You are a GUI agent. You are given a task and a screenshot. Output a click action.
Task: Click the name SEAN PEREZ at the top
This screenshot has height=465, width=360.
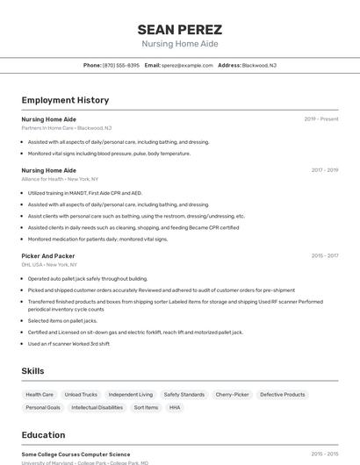[180, 29]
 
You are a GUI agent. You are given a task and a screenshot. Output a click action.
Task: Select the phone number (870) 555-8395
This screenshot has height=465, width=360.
[120, 65]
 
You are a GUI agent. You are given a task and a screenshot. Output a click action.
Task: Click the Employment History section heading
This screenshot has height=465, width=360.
[65, 100]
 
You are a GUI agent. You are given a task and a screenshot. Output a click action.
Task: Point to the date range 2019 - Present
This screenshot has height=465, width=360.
[321, 118]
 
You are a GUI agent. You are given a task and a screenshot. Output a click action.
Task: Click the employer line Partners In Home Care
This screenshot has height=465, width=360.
[67, 128]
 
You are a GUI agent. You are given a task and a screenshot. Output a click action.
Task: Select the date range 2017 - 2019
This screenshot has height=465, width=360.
[324, 170]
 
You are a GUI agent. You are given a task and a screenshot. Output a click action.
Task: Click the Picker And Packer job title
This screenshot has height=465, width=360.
[47, 255]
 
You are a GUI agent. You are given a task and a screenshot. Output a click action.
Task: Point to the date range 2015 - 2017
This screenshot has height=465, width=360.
[324, 255]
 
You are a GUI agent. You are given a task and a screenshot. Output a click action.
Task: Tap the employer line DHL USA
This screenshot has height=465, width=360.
[49, 264]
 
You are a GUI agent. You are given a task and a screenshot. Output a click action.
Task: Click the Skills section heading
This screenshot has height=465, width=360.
[32, 371]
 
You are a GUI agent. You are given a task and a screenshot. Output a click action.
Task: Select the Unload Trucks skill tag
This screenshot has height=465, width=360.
[81, 395]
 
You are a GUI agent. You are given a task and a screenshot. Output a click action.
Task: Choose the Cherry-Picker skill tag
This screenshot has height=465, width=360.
[232, 395]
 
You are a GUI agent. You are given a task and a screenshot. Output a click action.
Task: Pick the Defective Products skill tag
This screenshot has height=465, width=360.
[282, 395]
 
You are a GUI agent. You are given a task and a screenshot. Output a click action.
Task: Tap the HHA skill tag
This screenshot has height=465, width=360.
[175, 407]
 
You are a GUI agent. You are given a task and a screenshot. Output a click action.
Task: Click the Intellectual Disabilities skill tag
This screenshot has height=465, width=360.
[97, 407]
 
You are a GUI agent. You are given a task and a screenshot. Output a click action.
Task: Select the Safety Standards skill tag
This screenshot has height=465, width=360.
[184, 395]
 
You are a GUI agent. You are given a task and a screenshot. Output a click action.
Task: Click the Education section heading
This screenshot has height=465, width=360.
[43, 435]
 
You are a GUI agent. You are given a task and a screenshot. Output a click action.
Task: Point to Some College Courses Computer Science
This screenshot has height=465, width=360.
[76, 454]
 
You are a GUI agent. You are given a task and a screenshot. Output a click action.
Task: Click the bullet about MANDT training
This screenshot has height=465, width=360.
[84, 193]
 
